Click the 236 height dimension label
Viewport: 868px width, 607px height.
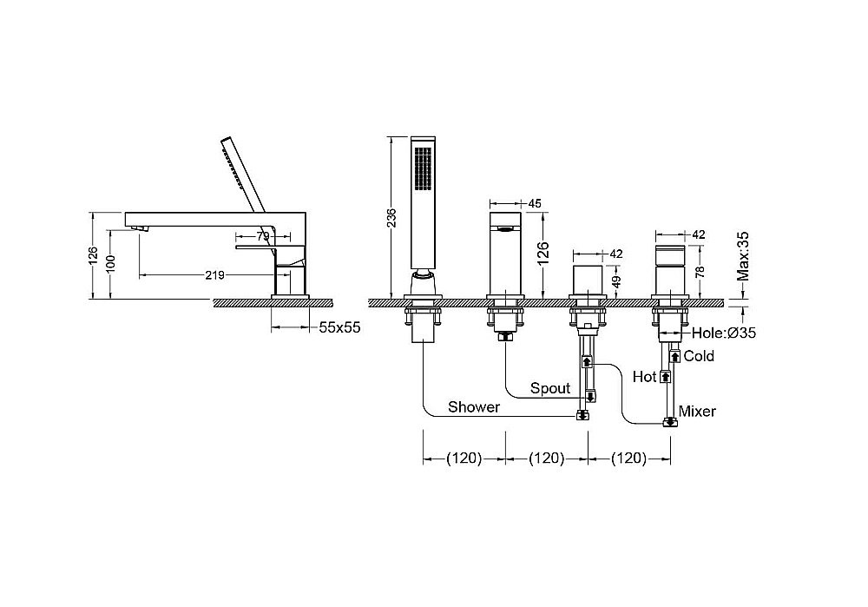391,218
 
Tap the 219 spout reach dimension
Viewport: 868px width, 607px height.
214,274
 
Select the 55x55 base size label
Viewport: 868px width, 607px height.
340,327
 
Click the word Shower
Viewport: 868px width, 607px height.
474,407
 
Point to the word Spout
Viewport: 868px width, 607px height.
550,388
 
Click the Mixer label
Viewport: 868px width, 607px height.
697,411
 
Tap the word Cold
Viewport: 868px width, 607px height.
699,355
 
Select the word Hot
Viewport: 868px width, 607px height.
644,377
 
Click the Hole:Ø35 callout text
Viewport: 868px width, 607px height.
724,333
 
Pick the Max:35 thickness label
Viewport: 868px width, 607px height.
743,256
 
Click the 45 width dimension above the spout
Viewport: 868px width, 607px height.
534,204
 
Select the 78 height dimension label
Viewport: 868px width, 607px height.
700,272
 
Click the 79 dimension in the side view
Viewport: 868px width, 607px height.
263,236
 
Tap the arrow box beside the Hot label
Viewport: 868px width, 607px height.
666,377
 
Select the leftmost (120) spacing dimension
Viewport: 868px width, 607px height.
464,458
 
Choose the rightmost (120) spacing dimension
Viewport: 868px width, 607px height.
628,458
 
